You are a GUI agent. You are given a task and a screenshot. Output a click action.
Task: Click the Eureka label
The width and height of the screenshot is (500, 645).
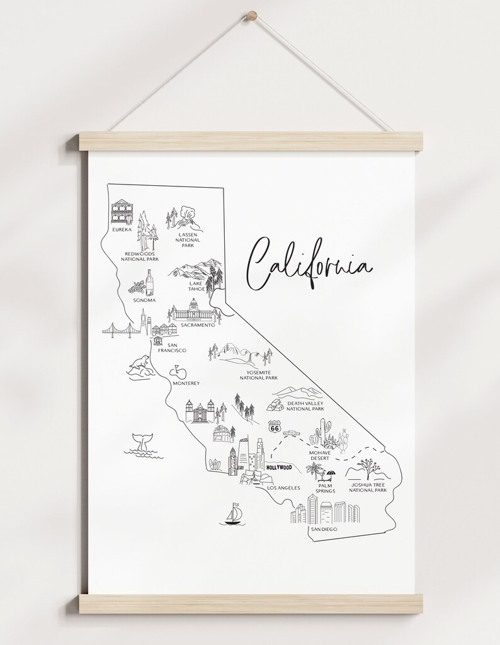(x=122, y=230)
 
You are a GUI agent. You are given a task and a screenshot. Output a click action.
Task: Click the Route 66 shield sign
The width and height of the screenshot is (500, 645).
(x=274, y=426)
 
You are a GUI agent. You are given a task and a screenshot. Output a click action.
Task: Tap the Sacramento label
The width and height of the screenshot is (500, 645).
(x=198, y=325)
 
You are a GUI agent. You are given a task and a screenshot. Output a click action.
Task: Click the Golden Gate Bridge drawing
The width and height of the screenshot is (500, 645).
(x=120, y=329)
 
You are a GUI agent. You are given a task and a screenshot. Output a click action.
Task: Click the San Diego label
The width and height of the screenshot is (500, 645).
(x=324, y=530)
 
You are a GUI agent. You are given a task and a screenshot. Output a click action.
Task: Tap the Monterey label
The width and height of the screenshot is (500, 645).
(x=185, y=383)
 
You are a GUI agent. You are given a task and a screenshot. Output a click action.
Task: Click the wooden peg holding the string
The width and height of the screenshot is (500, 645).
(x=252, y=14)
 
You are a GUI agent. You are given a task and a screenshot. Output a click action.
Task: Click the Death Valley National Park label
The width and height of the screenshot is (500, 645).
(x=305, y=406)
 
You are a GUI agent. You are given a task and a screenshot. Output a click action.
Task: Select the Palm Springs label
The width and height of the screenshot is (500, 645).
(x=326, y=488)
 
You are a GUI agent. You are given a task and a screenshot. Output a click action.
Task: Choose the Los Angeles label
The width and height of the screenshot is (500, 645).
(x=283, y=488)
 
